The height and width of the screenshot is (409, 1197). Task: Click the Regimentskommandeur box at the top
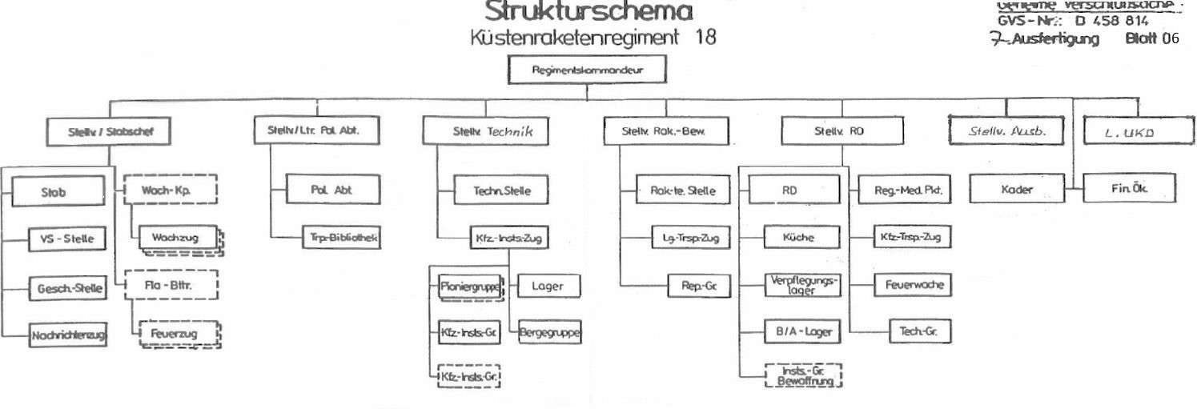tap(587, 70)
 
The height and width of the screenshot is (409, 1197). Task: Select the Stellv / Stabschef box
tap(110, 132)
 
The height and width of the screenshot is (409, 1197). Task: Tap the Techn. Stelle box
tap(503, 190)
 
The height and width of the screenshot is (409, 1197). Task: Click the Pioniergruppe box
tap(471, 287)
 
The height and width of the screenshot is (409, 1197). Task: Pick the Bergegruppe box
tap(549, 332)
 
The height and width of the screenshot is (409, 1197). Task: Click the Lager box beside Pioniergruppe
tap(548, 287)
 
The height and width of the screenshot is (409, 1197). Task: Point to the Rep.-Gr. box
tap(700, 286)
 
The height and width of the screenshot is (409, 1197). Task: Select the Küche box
tap(800, 238)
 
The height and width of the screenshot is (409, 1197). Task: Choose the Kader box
tap(1017, 190)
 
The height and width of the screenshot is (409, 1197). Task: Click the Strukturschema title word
tap(588, 11)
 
